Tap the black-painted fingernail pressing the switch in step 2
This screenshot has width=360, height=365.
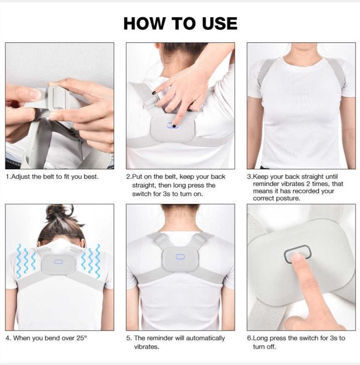tap(174, 126)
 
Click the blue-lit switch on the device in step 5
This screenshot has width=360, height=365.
tap(180, 257)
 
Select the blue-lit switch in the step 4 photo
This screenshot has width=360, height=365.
tap(58, 262)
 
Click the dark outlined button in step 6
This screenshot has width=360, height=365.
tap(298, 254)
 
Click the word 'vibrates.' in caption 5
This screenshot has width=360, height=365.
tap(147, 347)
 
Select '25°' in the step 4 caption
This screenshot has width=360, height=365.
tap(81, 338)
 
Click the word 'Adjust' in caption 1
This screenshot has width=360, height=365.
tap(20, 177)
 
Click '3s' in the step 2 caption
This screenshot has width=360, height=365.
tap(166, 194)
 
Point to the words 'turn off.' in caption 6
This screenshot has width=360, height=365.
tap(265, 347)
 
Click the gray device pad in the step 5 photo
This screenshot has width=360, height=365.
tap(180, 259)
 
